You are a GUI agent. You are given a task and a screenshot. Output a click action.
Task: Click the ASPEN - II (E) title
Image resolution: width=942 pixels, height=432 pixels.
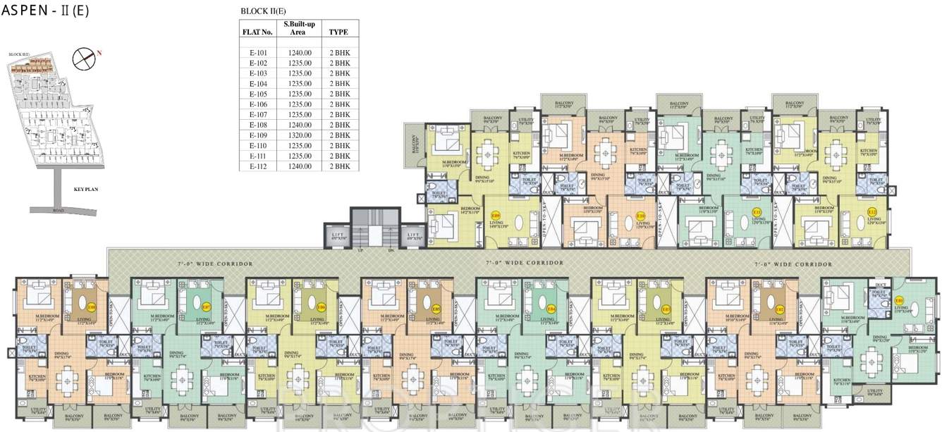tap(35, 12)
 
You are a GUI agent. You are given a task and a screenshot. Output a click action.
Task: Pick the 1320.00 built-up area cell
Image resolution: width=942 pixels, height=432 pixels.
tap(300, 135)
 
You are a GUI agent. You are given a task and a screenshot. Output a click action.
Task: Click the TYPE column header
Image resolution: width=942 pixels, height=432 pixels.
tap(339, 32)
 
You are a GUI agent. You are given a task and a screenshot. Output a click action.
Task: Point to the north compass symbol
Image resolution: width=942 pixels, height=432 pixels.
tap(85, 57)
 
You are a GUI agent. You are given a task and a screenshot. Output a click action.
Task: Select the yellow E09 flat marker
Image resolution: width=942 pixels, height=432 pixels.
tap(496, 215)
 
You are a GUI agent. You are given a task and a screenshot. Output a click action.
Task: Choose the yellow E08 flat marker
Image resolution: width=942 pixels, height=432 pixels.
tap(92, 307)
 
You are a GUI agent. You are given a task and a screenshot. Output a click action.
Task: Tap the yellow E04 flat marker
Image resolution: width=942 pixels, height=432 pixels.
tap(551, 308)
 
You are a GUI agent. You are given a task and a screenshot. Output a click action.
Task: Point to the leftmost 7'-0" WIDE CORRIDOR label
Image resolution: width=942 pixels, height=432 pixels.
tap(215, 264)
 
